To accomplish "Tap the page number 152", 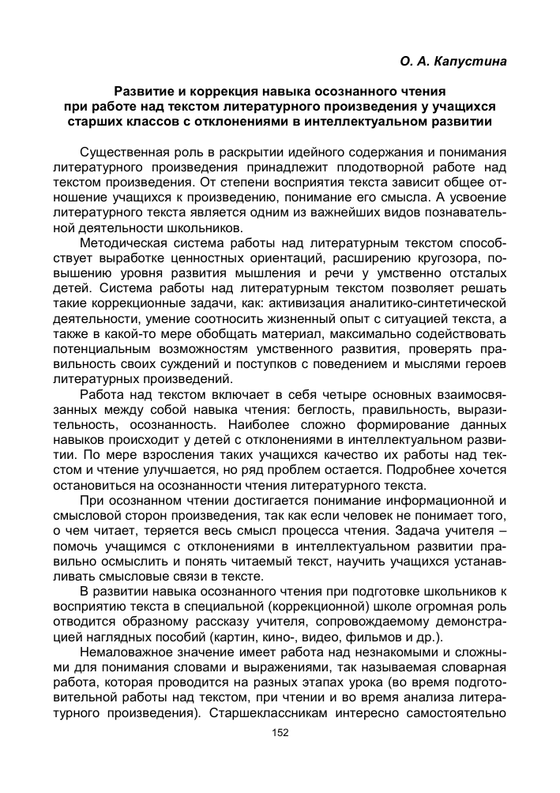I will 280,733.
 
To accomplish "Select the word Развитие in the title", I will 144,91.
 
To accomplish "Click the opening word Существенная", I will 128,152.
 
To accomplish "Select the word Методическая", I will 125,243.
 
